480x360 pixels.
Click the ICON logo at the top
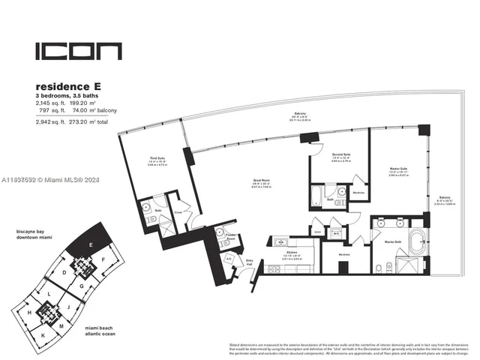click(78, 52)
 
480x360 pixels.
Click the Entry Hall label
click(249, 262)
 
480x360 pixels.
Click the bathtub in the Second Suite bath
click(318, 199)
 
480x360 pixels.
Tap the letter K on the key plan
click(43, 334)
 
